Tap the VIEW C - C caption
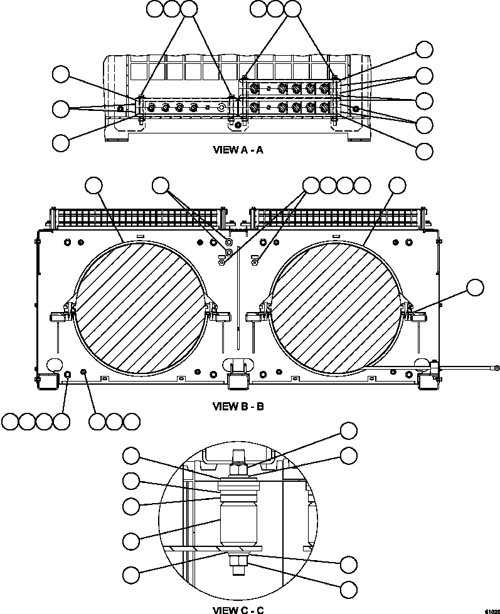pos(238,609)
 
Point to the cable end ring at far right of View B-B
pos(496,368)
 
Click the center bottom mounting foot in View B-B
pos(238,379)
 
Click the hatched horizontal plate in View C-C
pos(213,549)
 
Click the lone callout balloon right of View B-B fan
pos(475,288)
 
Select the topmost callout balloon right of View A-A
pos(425,49)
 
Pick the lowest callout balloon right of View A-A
pos(425,151)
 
